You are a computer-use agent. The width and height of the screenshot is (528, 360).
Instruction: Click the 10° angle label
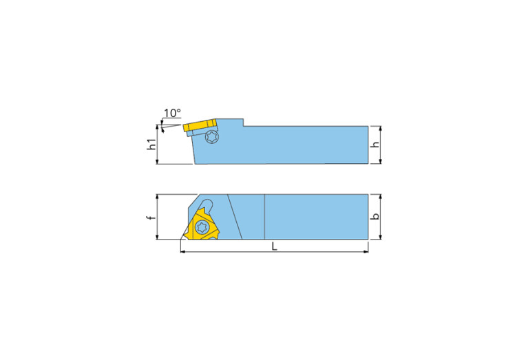point(172,112)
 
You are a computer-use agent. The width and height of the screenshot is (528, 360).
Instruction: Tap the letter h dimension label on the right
point(375,145)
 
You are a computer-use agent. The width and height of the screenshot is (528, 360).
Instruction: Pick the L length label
point(274,246)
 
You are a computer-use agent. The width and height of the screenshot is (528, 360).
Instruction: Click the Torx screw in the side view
point(212,137)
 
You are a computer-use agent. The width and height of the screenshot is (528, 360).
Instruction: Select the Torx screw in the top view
point(202,226)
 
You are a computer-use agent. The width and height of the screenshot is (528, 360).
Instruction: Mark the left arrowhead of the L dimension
point(183,252)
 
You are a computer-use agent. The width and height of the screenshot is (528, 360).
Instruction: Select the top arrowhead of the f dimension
point(158,197)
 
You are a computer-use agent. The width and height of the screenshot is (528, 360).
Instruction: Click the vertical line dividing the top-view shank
point(265,217)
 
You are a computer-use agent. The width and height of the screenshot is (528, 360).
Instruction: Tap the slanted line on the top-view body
point(235,217)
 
